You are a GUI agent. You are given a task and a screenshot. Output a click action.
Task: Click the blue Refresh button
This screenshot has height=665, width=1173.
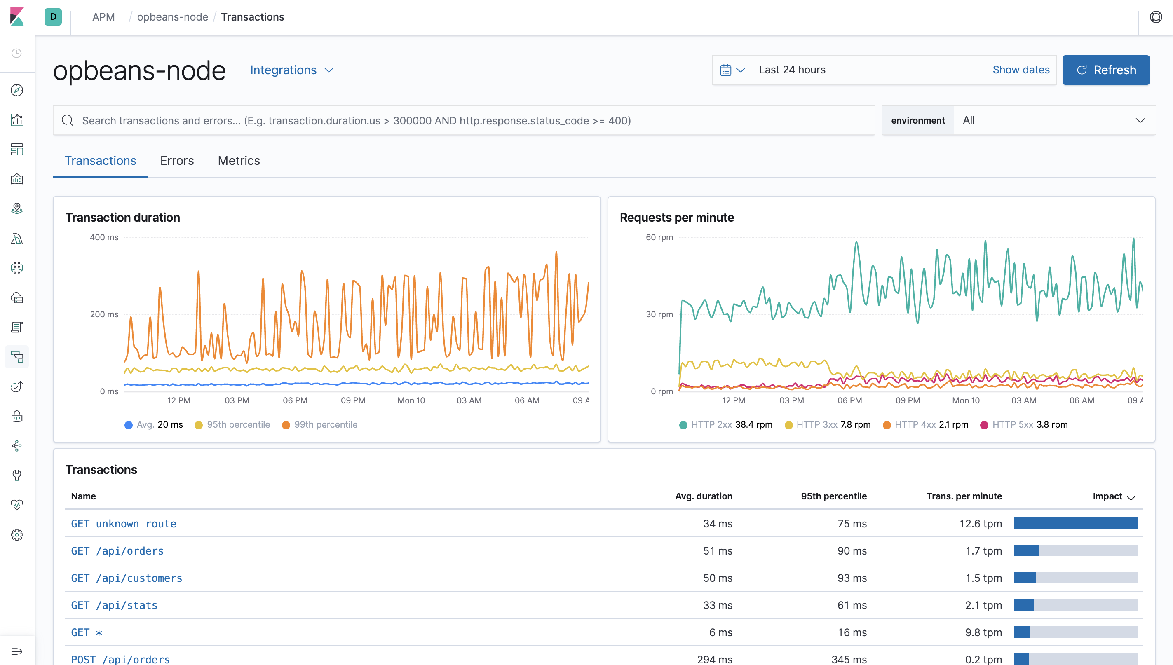click(x=1105, y=70)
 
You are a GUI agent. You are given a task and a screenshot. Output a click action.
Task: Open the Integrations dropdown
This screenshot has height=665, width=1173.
click(x=291, y=70)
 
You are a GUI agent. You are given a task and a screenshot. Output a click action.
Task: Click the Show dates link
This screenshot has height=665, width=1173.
click(x=1021, y=70)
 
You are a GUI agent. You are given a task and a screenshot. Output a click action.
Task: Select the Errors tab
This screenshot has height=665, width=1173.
click(x=177, y=161)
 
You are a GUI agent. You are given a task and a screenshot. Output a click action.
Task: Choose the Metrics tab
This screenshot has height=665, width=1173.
click(x=239, y=161)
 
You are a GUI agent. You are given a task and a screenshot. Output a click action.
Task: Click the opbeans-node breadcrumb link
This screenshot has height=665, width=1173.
click(x=172, y=17)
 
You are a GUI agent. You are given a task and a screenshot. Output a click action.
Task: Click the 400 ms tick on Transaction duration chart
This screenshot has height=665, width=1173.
click(x=104, y=237)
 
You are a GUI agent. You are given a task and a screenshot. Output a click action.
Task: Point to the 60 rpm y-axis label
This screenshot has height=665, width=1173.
click(x=659, y=237)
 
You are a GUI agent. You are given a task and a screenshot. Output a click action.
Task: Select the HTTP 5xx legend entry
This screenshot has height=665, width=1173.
click(x=1023, y=425)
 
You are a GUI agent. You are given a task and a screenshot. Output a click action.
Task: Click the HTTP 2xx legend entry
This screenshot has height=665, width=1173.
click(x=725, y=425)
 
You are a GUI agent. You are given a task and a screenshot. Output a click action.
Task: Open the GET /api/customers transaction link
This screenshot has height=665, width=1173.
click(x=127, y=578)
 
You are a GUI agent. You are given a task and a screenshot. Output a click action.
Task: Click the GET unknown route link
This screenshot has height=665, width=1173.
click(x=123, y=524)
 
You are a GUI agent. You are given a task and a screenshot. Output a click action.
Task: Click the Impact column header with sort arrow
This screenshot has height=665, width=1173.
click(x=1113, y=496)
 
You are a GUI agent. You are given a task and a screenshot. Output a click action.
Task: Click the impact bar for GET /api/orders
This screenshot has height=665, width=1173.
click(x=1075, y=551)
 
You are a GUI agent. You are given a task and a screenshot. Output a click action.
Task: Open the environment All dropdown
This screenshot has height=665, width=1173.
click(x=1053, y=121)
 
